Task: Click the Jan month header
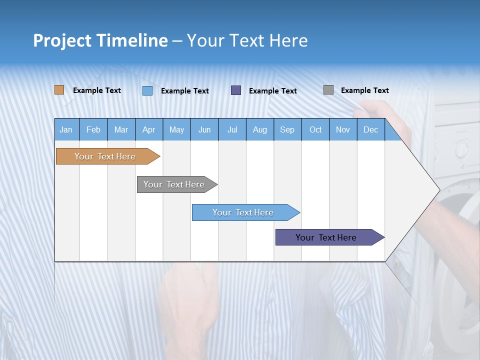[66, 129]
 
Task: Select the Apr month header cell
[148, 129]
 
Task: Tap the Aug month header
[259, 129]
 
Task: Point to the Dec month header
[370, 129]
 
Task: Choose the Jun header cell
[204, 129]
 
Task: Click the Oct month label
[315, 129]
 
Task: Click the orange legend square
[59, 90]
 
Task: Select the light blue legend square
[147, 90]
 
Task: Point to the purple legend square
[236, 90]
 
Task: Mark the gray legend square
[328, 90]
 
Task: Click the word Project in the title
[62, 40]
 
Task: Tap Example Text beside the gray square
[364, 90]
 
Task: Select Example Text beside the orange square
[96, 90]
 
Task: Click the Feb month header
[93, 129]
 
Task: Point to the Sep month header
[287, 129]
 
